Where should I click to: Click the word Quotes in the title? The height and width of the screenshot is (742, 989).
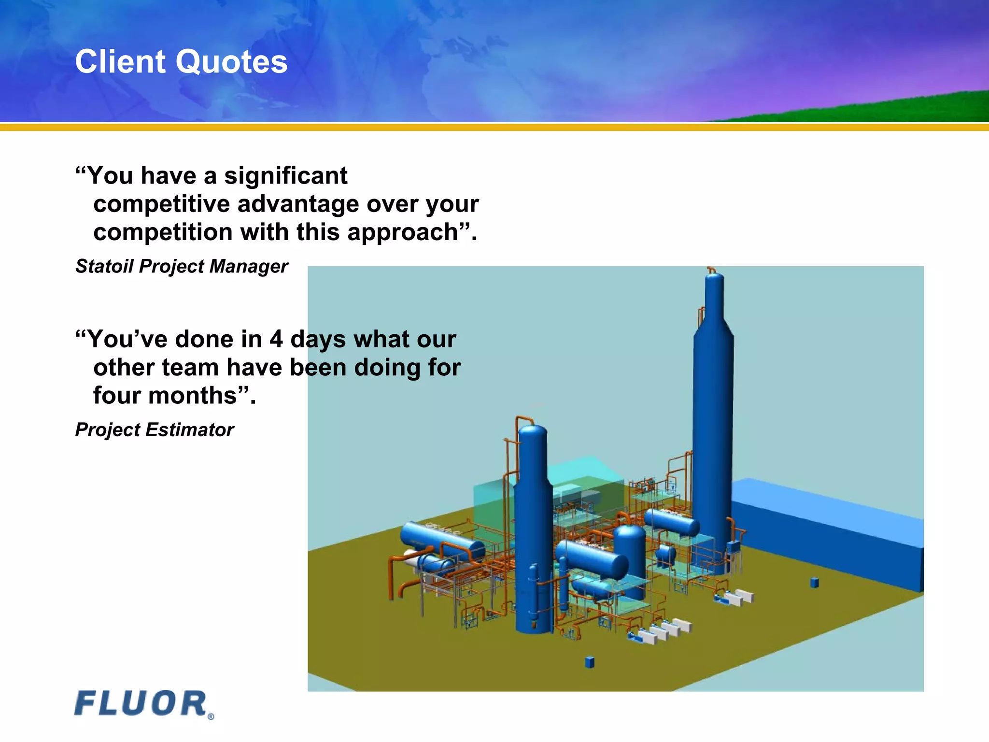(231, 62)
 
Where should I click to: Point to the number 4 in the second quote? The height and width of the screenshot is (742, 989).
(276, 339)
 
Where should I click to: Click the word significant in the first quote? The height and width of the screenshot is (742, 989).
(285, 175)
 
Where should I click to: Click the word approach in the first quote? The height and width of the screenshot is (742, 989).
(402, 232)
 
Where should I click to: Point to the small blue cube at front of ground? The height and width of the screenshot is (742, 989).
(589, 662)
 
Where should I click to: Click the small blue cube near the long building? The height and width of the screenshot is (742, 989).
(814, 583)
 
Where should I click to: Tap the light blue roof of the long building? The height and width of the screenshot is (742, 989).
(821, 502)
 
